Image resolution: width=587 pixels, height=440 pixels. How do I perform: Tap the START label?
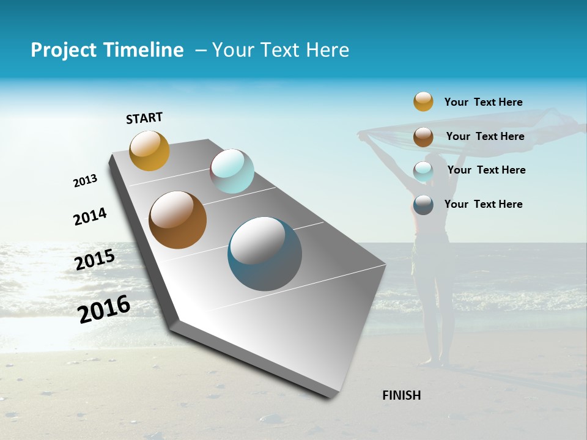[144, 118]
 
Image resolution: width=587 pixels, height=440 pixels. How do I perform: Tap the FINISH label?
[402, 395]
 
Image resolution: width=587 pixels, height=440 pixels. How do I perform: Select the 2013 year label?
[85, 181]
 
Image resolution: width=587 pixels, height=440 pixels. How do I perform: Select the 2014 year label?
[90, 216]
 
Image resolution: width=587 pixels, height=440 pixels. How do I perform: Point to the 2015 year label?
[95, 260]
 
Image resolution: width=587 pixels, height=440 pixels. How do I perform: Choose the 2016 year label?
[104, 309]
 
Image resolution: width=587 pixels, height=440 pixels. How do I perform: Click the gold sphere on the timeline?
[149, 150]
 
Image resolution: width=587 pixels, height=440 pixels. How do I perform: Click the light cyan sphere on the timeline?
[232, 171]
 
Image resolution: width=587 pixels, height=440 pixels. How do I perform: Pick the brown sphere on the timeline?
[178, 220]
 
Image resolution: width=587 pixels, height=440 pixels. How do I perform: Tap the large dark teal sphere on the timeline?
[265, 254]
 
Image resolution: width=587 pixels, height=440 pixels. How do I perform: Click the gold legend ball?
[423, 101]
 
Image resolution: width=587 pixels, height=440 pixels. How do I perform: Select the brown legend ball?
[423, 137]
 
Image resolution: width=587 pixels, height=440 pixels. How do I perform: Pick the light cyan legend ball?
[423, 171]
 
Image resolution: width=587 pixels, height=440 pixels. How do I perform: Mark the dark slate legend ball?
[423, 205]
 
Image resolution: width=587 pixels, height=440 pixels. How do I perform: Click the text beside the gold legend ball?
[483, 103]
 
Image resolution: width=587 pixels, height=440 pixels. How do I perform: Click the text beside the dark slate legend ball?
[483, 204]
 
